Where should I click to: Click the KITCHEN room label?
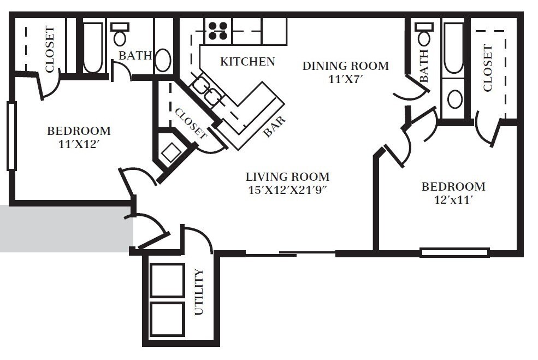[247, 61]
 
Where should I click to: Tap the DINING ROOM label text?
[346, 66]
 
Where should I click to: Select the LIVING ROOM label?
[287, 177]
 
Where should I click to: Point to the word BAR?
[275, 127]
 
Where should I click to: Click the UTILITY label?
[199, 292]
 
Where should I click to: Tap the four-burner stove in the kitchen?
[218, 31]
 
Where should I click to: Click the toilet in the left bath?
[120, 34]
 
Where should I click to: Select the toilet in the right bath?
[424, 34]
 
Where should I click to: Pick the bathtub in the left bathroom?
[93, 48]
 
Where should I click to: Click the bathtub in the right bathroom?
[453, 48]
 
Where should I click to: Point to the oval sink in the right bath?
[454, 99]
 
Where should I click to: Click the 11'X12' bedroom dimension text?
[79, 144]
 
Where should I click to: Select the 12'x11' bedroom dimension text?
[453, 200]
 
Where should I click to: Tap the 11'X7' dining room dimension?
[346, 79]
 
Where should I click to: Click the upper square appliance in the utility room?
[167, 280]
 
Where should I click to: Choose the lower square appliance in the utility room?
[167, 319]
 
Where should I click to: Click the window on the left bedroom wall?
[11, 136]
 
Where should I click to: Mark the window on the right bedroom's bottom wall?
[454, 252]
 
